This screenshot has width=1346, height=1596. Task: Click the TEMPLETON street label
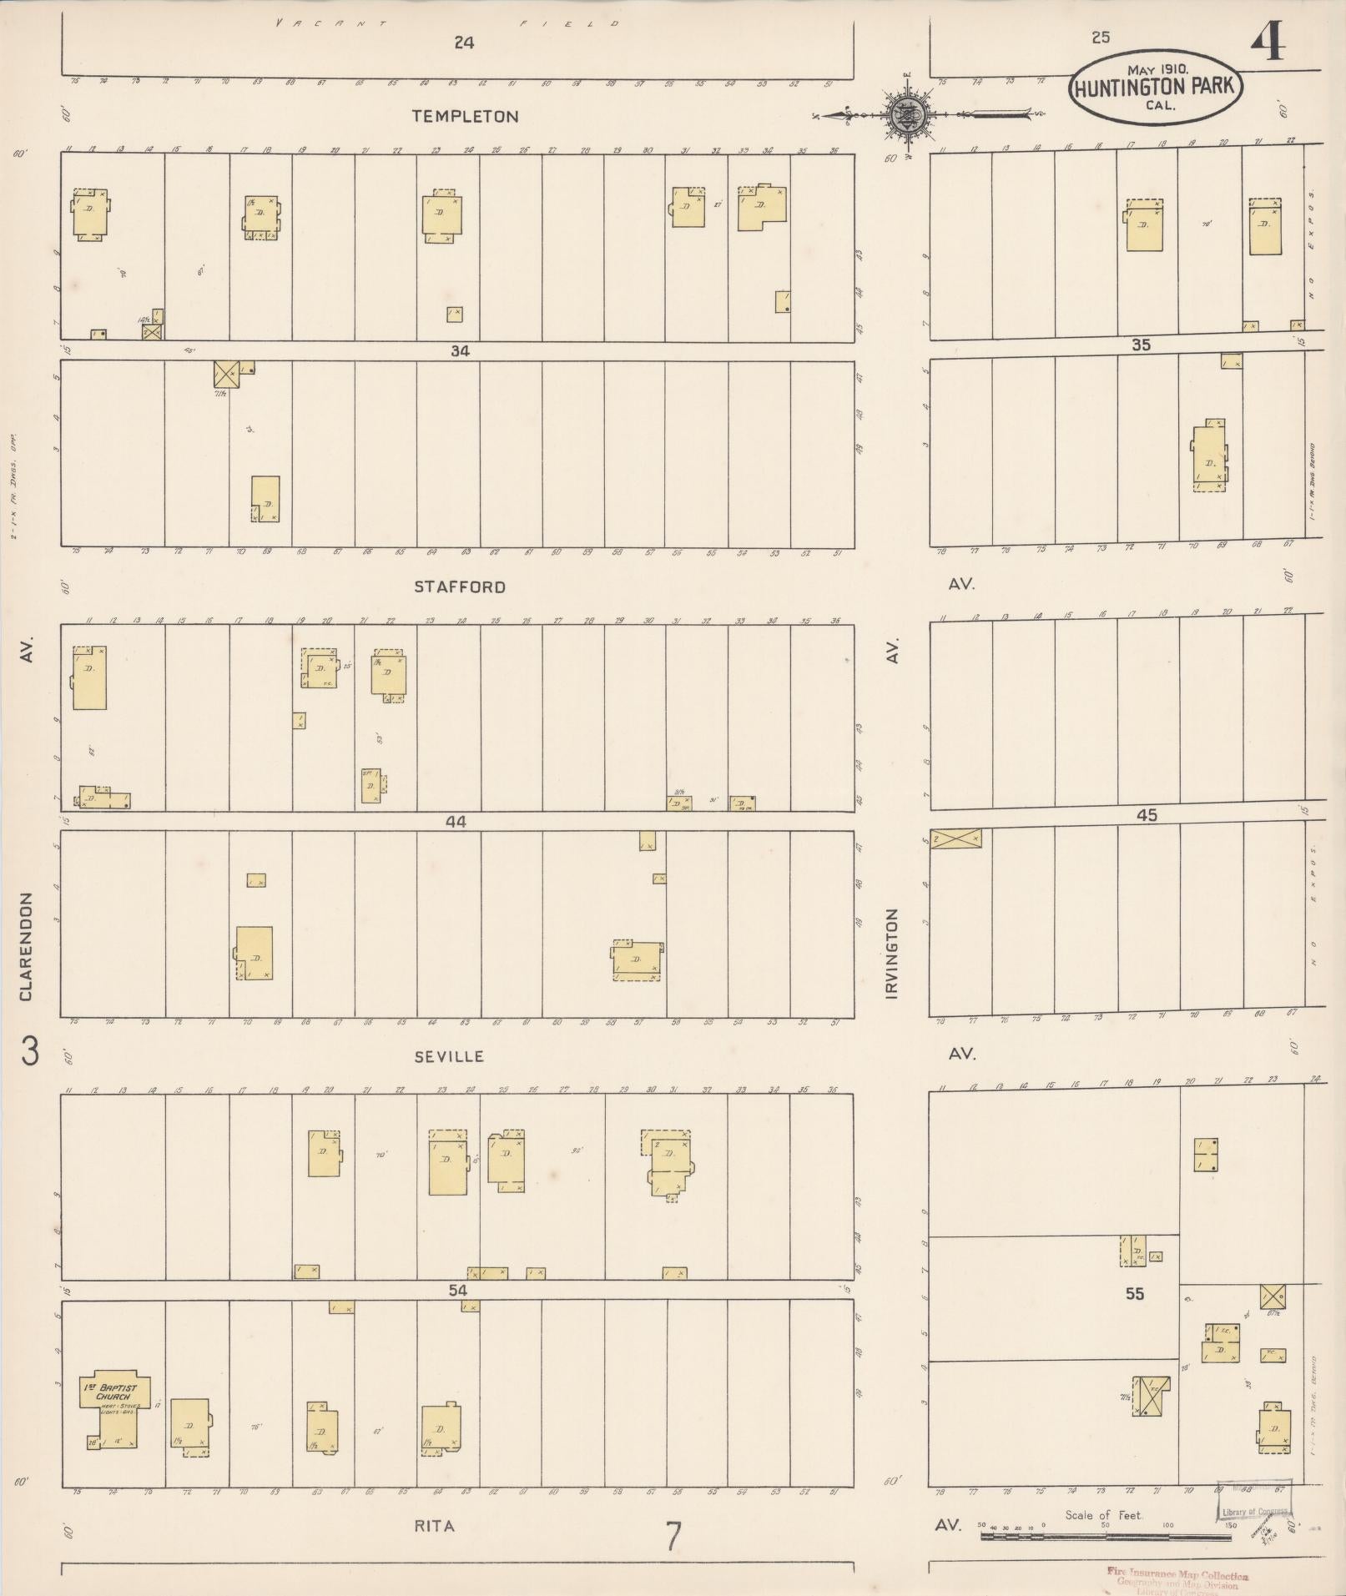point(466,117)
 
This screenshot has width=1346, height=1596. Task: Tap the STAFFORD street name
point(460,587)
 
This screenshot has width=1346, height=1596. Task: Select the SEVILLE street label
point(449,1056)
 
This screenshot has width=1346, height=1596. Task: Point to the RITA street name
point(435,1526)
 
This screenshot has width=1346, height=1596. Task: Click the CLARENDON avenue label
point(27,947)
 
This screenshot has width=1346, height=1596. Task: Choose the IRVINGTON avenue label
point(892,954)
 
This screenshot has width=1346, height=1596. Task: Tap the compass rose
point(904,113)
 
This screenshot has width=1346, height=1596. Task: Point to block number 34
point(460,351)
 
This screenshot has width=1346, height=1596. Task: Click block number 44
point(456,822)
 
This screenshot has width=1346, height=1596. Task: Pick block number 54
point(457,1291)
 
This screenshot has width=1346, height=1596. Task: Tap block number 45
point(1147,815)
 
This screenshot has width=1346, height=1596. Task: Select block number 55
point(1134,1294)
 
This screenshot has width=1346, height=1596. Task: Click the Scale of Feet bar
point(1106,1535)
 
